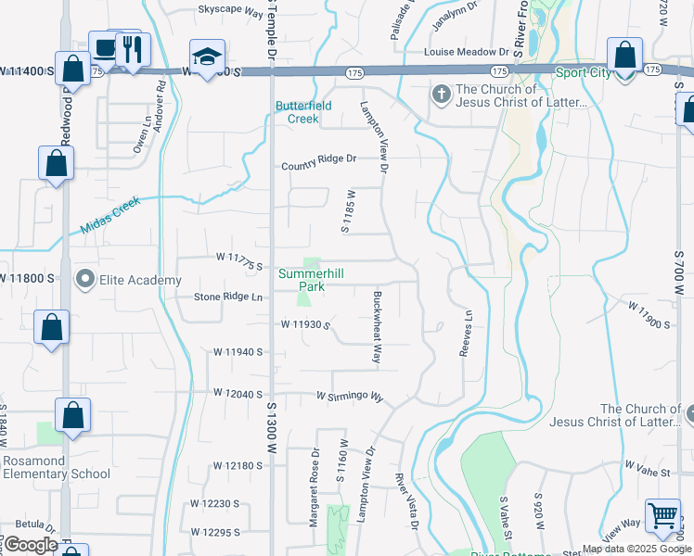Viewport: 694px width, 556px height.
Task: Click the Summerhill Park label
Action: pos(302,280)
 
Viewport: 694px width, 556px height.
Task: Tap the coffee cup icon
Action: pos(104,48)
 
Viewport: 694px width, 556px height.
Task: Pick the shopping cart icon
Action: pos(662,516)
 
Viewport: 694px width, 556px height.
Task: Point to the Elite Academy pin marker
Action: pos(85,279)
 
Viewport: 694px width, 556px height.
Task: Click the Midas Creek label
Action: pos(109,215)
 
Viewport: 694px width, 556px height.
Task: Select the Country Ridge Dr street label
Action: pos(319,158)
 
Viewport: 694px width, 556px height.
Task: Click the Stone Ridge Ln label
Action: pos(228,297)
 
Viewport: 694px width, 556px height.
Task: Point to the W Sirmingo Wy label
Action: pos(350,396)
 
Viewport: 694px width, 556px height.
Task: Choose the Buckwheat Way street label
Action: pos(378,327)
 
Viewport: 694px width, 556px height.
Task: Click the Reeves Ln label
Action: pos(466,332)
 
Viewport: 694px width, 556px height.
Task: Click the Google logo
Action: pos(31,545)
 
